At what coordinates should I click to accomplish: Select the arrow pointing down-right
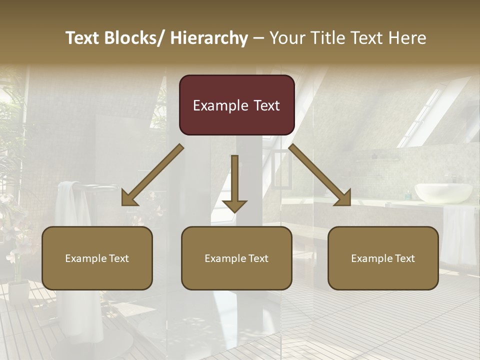click(320, 175)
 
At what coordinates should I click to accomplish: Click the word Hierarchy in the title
click(209, 38)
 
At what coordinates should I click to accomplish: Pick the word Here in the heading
click(408, 38)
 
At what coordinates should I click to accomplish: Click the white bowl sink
click(444, 192)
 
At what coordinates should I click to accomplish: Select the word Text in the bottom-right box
click(404, 258)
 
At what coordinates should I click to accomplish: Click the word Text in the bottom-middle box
click(257, 258)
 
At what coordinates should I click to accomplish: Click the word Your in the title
click(285, 38)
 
